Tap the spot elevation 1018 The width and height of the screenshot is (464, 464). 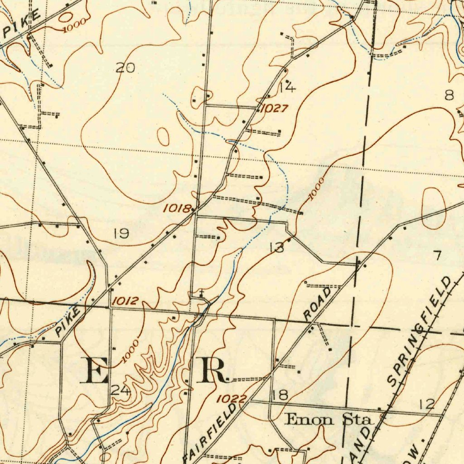pyautogui.click(x=177, y=208)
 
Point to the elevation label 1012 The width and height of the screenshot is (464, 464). pyautogui.click(x=126, y=301)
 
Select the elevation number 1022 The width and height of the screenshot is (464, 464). pyautogui.click(x=231, y=399)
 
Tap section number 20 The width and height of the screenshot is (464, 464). pyautogui.click(x=125, y=68)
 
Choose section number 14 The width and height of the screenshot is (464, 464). pyautogui.click(x=287, y=87)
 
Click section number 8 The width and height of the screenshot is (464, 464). pyautogui.click(x=449, y=95)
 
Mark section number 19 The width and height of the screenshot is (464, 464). pyautogui.click(x=121, y=234)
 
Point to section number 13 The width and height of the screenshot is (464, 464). pyautogui.click(x=276, y=247)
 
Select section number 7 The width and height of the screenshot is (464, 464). pyautogui.click(x=437, y=256)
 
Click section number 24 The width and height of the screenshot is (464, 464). pyautogui.click(x=121, y=391)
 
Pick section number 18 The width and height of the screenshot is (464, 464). pyautogui.click(x=280, y=395)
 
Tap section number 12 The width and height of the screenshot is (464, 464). pyautogui.click(x=427, y=404)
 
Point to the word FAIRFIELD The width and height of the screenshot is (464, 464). pyautogui.click(x=211, y=433)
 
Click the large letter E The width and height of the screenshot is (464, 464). pyautogui.click(x=94, y=370)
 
